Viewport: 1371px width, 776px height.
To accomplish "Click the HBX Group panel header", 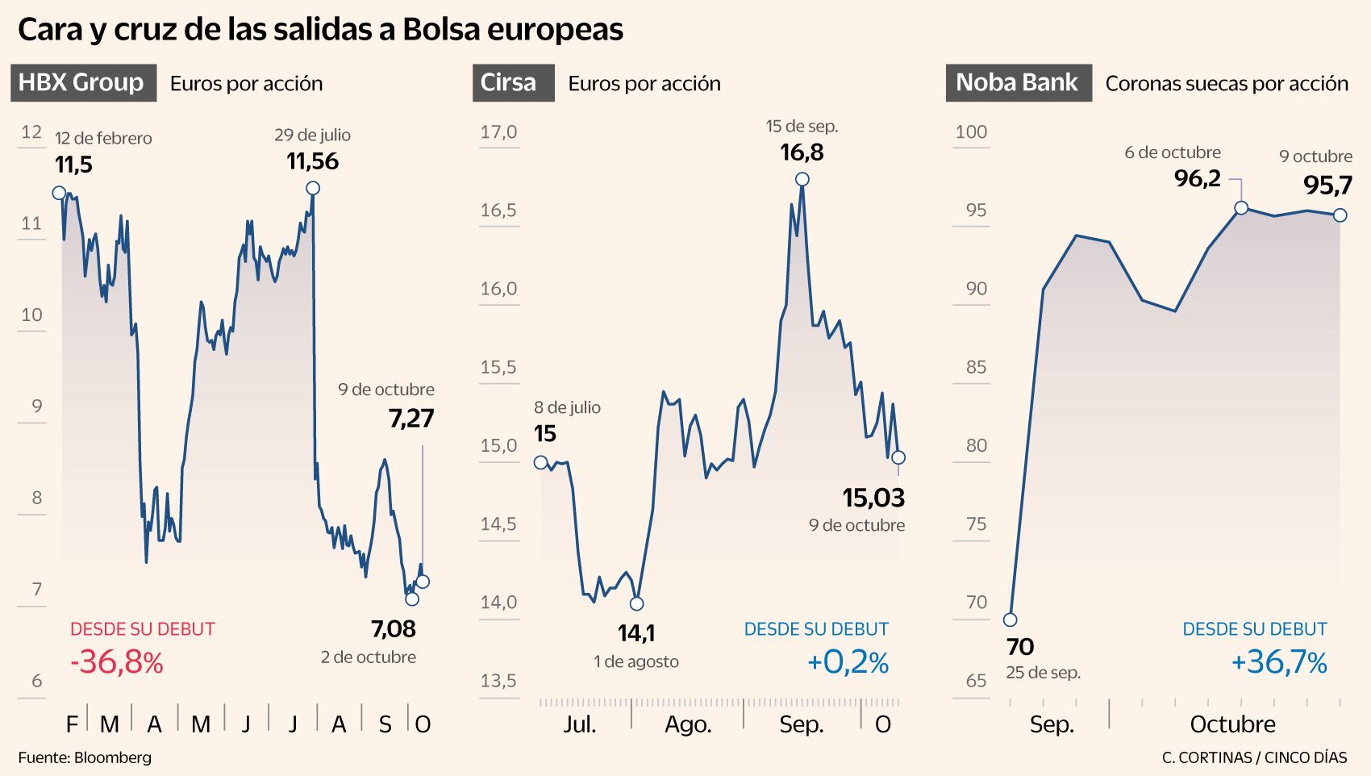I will coord(82,83).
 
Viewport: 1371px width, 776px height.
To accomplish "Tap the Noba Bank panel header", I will coord(1018,83).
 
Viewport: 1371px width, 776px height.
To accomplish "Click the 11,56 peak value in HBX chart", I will coord(313,162).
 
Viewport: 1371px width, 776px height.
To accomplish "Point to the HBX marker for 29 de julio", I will coord(313,188).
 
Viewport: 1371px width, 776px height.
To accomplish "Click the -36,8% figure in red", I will coord(117,663).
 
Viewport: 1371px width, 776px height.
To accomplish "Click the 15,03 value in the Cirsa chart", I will coord(873,498).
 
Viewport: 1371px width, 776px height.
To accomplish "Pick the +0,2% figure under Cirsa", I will coord(848,663).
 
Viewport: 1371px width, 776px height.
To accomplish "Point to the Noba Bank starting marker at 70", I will coord(1010,620).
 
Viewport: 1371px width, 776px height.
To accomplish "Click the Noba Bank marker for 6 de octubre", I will coord(1241,208).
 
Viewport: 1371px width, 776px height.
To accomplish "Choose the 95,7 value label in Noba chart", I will coord(1327,186).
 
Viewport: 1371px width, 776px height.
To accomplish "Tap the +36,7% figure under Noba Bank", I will coord(1279,663).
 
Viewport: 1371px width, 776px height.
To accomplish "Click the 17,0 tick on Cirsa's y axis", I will coord(498,132).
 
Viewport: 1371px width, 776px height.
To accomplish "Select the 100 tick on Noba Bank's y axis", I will coord(971,132).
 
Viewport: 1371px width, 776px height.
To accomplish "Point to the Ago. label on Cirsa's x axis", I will coord(688,724).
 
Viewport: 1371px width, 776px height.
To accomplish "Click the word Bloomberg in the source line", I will coord(112,758).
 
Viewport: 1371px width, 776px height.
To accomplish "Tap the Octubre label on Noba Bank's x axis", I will coord(1232,724).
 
